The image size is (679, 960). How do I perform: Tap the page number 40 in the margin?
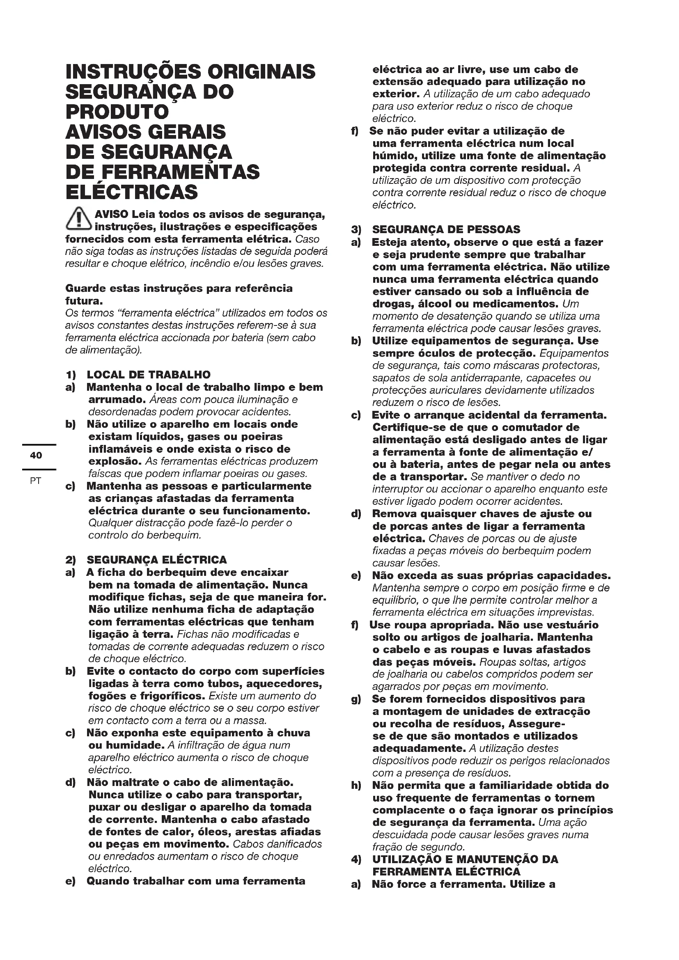point(36,455)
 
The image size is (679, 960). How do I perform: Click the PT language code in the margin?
point(36,481)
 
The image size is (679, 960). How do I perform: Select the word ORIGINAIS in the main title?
point(262,71)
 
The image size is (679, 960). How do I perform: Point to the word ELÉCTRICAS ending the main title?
point(132,192)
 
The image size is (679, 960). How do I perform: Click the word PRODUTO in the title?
point(117,112)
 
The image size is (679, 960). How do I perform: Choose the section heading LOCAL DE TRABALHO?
point(149,374)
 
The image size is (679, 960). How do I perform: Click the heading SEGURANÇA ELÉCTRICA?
point(157,560)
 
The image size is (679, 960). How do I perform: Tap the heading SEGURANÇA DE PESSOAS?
point(446,229)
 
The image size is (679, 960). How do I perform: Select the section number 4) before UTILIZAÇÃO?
point(356,860)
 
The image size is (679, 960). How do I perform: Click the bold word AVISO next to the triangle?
point(112,215)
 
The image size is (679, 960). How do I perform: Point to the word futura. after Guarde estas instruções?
point(84,300)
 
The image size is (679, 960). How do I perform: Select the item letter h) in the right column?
point(356,786)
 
